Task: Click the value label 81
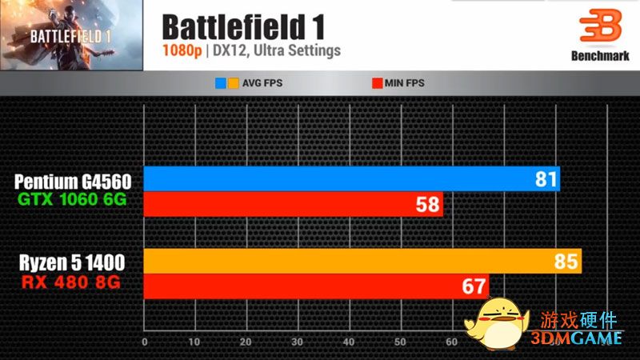[x=546, y=180]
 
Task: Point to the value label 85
[x=567, y=262]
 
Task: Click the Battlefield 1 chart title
[x=243, y=26]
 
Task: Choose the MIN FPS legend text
[x=403, y=82]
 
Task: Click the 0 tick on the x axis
[x=144, y=342]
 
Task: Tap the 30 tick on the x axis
[x=298, y=342]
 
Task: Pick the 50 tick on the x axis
[x=399, y=342]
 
